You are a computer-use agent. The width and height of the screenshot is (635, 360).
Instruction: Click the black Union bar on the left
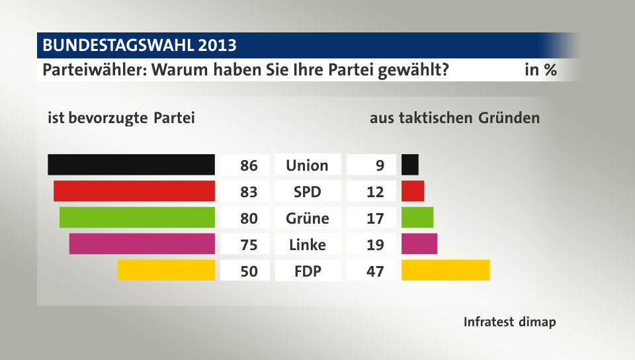(131, 165)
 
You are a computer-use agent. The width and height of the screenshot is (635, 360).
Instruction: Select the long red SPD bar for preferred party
(134, 191)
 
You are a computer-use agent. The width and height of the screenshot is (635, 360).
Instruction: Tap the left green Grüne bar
(137, 218)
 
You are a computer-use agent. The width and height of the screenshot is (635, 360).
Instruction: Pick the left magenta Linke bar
(142, 244)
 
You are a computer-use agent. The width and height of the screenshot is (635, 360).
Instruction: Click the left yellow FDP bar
(166, 271)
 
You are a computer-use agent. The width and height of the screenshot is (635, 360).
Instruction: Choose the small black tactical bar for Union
(409, 165)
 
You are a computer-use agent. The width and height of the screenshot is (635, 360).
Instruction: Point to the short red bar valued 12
(412, 191)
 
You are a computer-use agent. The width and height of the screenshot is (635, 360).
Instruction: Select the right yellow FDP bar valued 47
(445, 271)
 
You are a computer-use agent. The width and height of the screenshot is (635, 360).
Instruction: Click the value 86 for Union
(249, 165)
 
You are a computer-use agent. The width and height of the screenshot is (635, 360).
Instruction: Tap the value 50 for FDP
(249, 271)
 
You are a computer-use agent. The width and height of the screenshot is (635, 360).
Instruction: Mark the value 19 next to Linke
(374, 245)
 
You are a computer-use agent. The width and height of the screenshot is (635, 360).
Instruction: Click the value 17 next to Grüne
(374, 218)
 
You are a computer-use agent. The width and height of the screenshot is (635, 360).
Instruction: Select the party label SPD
(307, 192)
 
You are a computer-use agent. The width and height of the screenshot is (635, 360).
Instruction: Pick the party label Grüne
(307, 218)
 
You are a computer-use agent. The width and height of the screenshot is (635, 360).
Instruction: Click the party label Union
(307, 165)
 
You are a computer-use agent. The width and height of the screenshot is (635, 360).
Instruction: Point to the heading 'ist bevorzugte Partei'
(121, 118)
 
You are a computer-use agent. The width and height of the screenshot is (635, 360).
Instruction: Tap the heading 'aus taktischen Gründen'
(454, 118)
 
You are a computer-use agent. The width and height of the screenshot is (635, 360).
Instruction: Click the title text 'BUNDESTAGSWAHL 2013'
(140, 46)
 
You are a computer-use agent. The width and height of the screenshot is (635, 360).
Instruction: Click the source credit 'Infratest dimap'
(509, 322)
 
